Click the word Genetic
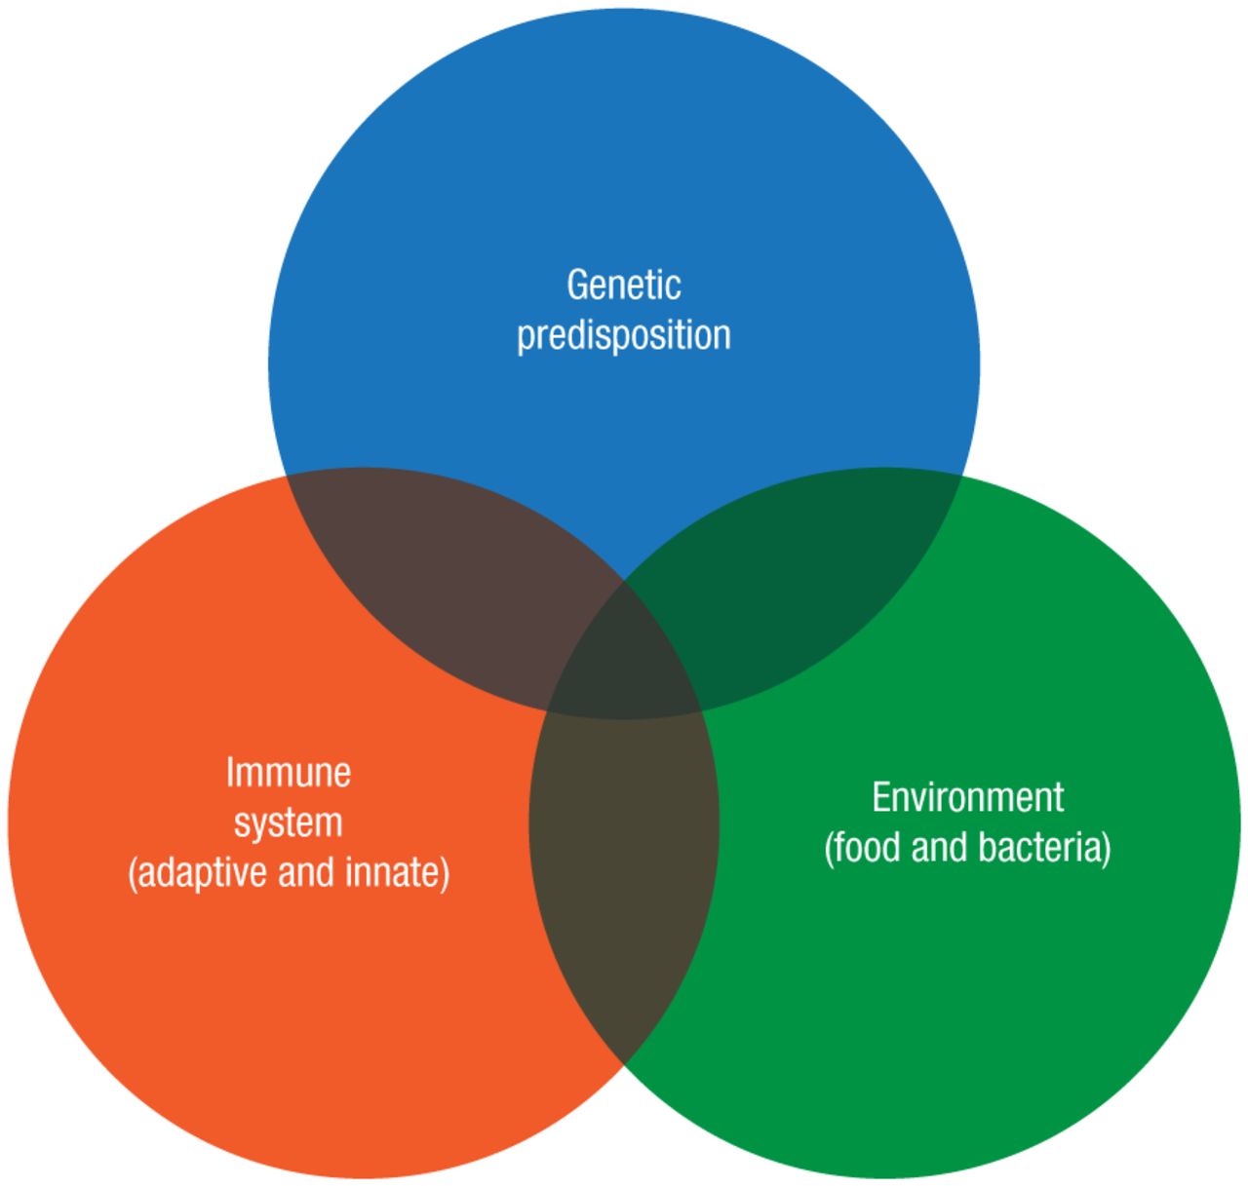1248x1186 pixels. click(623, 285)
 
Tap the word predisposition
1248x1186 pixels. click(623, 335)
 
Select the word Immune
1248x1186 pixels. click(288, 773)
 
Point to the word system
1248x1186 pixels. click(288, 823)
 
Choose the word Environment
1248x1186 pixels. click(967, 797)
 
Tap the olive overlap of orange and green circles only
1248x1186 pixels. click(624, 858)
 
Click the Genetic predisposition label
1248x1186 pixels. click(623, 310)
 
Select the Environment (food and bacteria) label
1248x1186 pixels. click(967, 823)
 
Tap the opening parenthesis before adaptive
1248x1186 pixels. click(133, 873)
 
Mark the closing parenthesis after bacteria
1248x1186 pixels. click(1106, 849)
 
